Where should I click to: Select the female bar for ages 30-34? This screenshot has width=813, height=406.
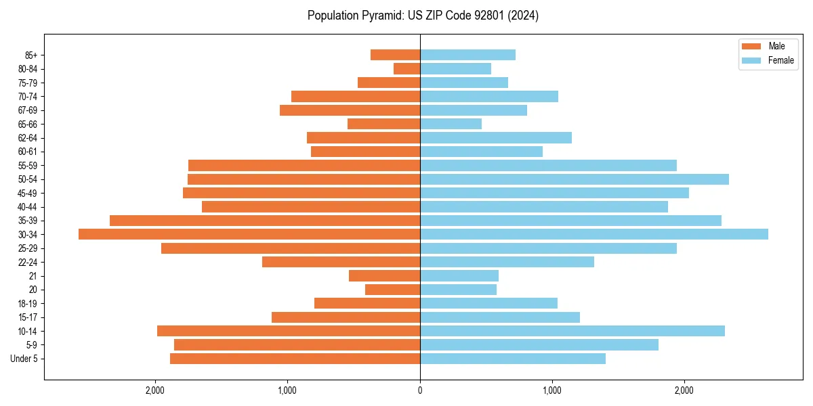pyautogui.click(x=594, y=234)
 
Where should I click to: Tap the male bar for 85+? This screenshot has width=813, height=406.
pyautogui.click(x=395, y=55)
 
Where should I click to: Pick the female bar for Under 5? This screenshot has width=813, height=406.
pyautogui.click(x=513, y=359)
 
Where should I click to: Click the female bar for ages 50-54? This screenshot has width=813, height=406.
pyautogui.click(x=575, y=179)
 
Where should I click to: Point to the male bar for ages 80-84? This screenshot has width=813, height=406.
pyautogui.click(x=406, y=68)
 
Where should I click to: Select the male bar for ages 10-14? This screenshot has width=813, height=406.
pyautogui.click(x=289, y=331)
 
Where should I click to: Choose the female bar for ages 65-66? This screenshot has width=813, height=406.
pyautogui.click(x=451, y=124)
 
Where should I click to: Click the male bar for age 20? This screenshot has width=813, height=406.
pyautogui.click(x=392, y=290)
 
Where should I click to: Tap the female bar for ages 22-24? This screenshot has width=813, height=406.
pyautogui.click(x=507, y=262)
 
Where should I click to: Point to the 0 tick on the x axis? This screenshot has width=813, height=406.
pyautogui.click(x=420, y=390)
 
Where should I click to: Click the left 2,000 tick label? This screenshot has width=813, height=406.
pyautogui.click(x=155, y=390)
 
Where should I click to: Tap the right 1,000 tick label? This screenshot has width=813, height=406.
pyautogui.click(x=552, y=390)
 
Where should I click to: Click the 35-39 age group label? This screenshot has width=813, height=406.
pyautogui.click(x=27, y=221)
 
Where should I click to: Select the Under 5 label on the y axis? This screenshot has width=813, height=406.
pyautogui.click(x=24, y=359)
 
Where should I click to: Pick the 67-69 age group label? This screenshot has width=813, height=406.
pyautogui.click(x=27, y=110)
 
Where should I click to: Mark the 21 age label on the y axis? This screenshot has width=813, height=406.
pyautogui.click(x=33, y=276)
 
